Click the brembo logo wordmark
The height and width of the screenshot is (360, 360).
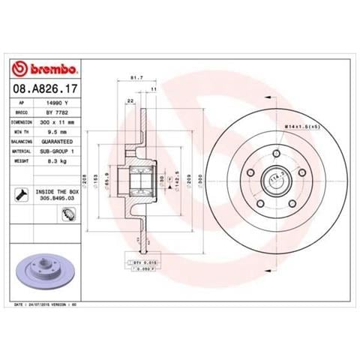(x=46, y=70)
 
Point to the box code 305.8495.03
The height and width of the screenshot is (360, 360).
(x=56, y=200)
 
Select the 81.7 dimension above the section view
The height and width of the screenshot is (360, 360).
(x=136, y=78)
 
